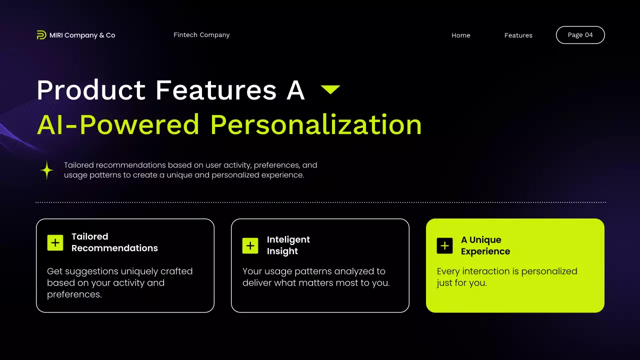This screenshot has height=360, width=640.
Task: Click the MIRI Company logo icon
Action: coord(41,35)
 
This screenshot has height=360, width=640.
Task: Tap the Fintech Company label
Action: coord(201,35)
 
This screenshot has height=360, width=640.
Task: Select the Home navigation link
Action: coord(460,35)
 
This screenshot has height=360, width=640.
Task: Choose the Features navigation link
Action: coord(518,35)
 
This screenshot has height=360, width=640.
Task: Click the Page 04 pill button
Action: coord(580,35)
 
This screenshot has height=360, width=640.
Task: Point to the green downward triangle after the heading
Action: coord(330,89)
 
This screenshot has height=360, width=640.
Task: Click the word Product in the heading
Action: coord(90,90)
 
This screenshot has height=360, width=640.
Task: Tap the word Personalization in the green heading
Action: coord(315,125)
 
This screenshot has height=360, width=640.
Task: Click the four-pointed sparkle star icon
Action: coord(47,170)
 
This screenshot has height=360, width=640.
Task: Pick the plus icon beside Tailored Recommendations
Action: coord(55,242)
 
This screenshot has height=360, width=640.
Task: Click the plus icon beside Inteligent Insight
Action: coord(250,245)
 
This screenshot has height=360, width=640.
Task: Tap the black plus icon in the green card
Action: coord(444,245)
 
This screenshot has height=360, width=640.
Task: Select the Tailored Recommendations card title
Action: coord(114,242)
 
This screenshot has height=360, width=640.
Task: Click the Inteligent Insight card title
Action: coord(288,245)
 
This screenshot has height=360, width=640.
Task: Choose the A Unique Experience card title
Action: coord(485,245)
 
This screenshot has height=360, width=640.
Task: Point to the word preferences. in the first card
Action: coord(74,294)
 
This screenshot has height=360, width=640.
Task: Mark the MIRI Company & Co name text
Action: coord(82,35)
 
